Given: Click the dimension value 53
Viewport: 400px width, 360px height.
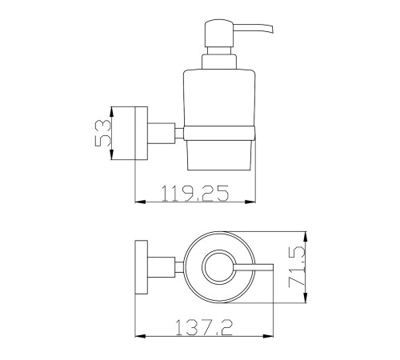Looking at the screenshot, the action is pos(102,133).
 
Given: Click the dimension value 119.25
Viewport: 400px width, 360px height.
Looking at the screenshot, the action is pos(195,193).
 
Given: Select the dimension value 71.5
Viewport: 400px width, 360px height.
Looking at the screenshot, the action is pos(297,267).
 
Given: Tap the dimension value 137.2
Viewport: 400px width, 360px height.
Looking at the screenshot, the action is pos(204,328).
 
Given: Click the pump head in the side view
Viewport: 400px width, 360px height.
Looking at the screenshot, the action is pos(219,34).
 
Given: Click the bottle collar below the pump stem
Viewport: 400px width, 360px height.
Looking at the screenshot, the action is pos(219,62).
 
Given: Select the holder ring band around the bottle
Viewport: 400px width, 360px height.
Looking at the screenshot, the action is pos(219,133).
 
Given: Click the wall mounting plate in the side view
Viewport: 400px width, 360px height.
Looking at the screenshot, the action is pos(142,134).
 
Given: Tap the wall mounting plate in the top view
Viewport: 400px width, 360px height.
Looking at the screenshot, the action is pos(142,267).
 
